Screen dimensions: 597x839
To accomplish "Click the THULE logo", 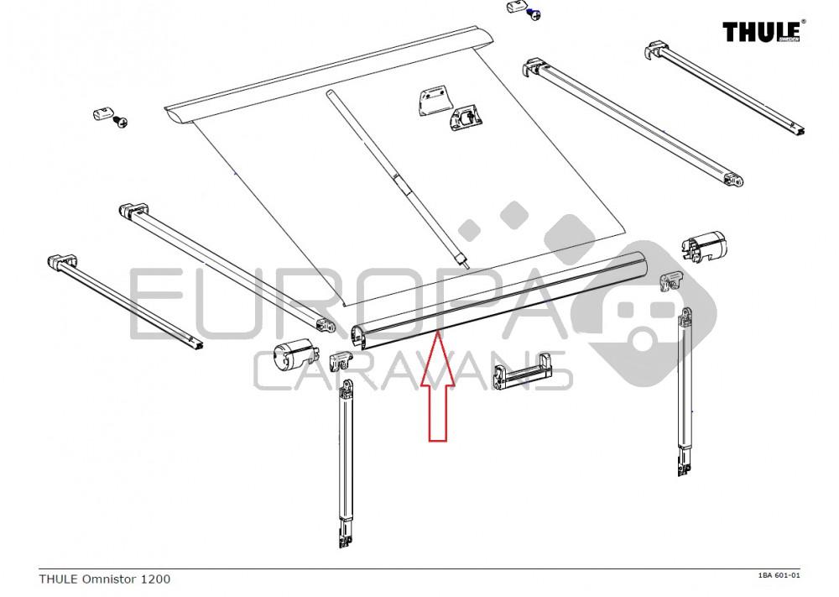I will point(763,31).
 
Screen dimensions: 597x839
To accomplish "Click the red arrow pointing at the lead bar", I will point(437,386).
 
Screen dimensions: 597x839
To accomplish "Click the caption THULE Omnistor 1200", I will point(105,579).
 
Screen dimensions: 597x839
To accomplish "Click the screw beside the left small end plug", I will point(123,123).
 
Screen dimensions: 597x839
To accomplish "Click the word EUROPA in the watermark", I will point(336,302).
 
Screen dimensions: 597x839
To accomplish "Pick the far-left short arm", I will point(126,301).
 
